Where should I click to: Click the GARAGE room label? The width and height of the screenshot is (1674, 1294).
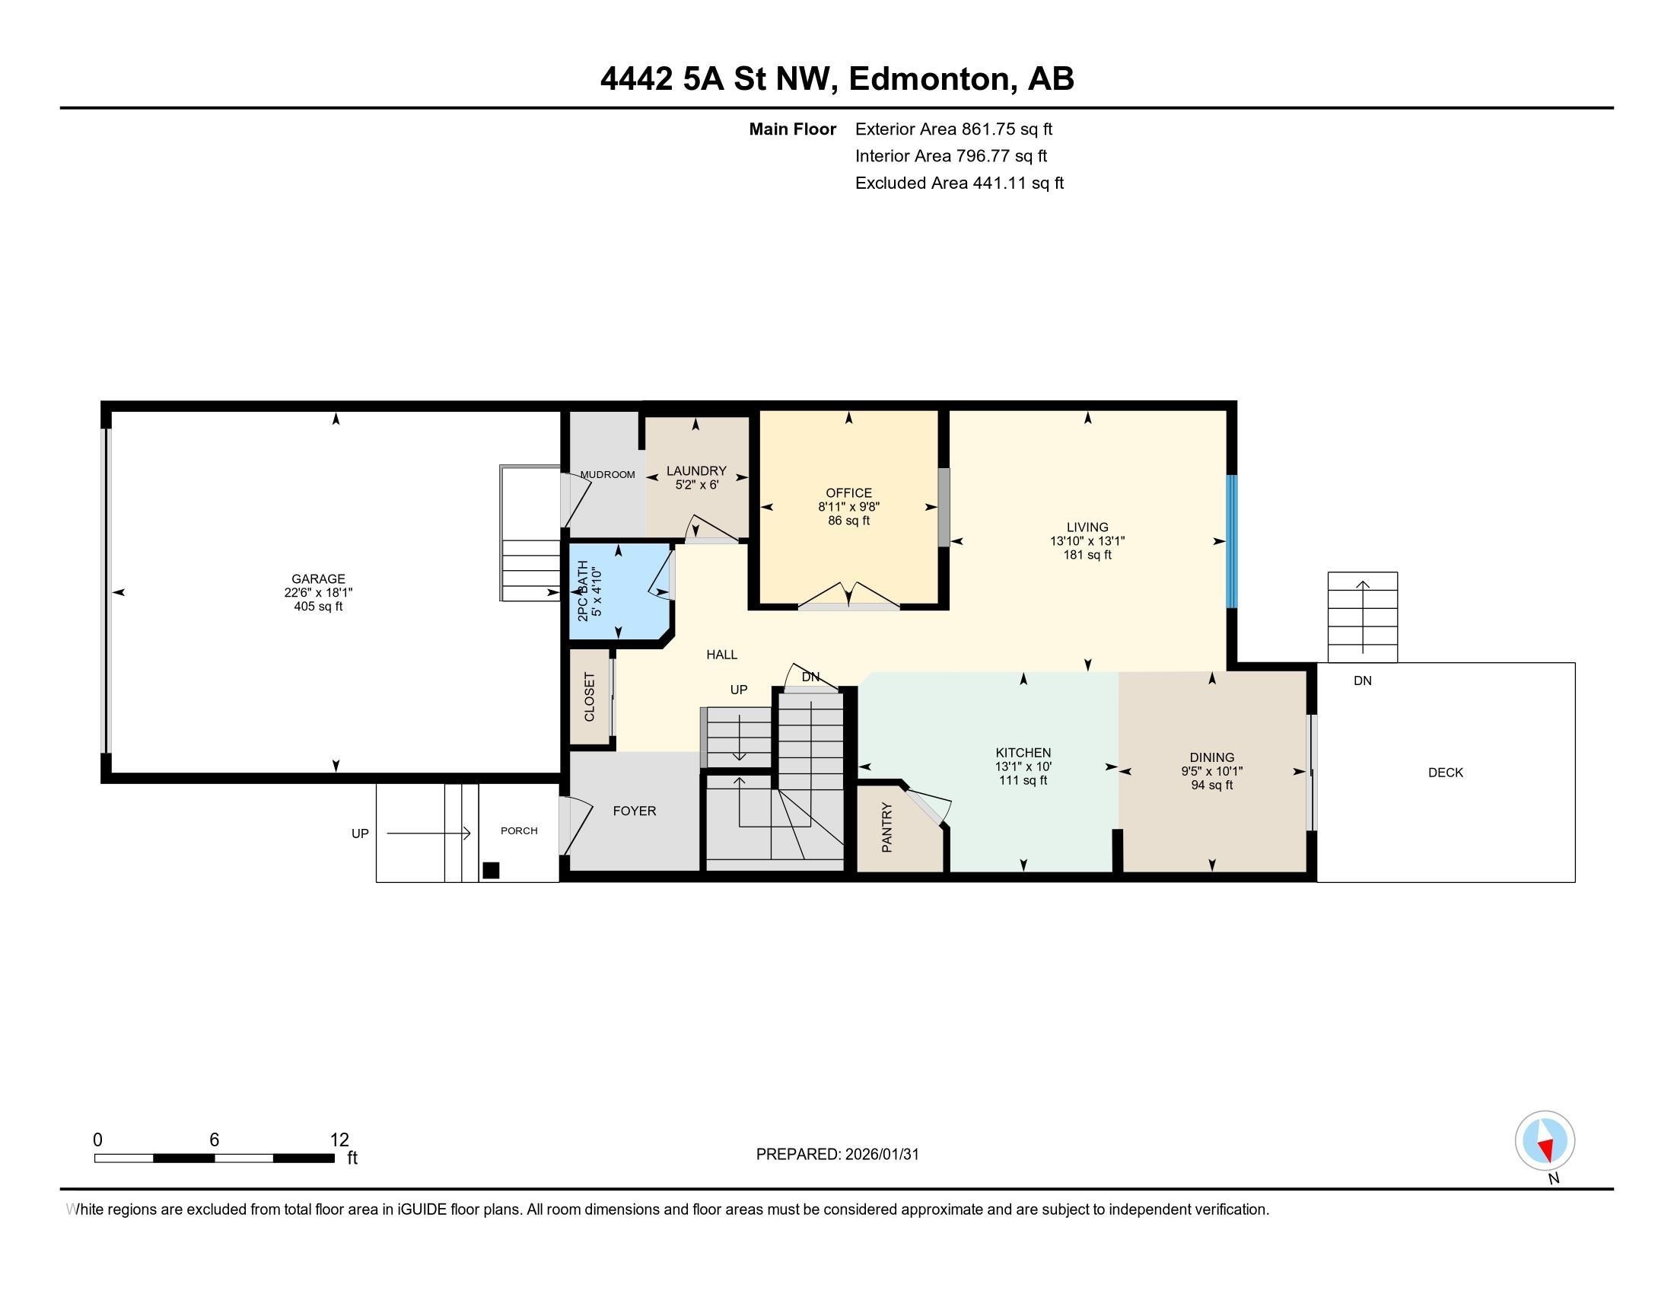coord(318,578)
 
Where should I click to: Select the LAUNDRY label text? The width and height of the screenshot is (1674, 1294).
coord(696,470)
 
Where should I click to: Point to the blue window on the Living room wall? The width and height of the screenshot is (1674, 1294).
coord(1231,541)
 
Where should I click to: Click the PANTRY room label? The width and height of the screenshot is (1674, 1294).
coord(886,827)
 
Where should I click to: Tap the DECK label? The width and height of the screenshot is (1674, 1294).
coord(1445,773)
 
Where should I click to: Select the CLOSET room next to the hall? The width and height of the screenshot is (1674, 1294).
coord(590,696)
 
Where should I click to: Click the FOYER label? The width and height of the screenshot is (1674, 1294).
coord(634,811)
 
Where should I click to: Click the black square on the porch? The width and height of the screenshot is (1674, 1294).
coord(491,870)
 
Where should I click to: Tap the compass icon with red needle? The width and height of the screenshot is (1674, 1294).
coord(1545,1141)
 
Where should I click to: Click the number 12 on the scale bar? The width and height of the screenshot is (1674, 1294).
coord(339,1140)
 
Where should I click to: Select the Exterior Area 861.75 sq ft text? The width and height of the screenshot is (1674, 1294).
coord(953,129)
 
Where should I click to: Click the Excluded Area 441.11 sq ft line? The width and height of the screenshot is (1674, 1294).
coord(959,183)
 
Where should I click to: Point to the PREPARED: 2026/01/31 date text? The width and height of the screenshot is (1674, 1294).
coord(837,1155)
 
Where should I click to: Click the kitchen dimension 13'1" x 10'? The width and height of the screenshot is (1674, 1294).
coord(1023,767)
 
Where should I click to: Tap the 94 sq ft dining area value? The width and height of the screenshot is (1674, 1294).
coord(1211,785)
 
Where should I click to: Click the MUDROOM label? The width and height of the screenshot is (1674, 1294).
coord(607,474)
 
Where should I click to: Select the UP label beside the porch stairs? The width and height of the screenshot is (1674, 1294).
coord(359,833)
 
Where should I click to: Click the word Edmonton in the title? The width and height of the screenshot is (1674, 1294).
coord(928,78)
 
